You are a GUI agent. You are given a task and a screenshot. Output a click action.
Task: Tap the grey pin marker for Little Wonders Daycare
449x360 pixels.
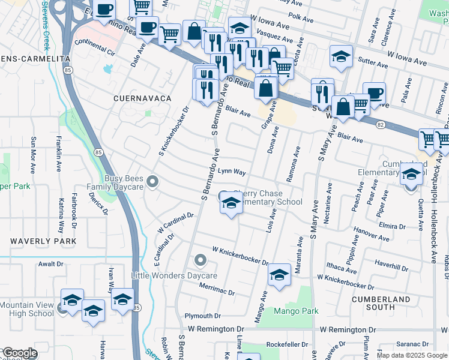click(200, 261)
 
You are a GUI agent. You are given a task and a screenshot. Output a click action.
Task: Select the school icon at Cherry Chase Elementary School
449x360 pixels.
click(232, 205)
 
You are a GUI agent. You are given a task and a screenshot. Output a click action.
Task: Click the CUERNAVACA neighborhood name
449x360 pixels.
click(139, 97)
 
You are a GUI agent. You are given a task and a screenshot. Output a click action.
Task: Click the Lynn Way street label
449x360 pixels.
click(232, 172)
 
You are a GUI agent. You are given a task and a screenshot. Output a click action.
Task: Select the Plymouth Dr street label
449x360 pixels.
click(203, 316)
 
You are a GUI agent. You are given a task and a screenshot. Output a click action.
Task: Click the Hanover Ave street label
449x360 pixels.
click(372, 230)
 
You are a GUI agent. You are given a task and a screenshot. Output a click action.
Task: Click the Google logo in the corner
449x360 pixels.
click(19, 353)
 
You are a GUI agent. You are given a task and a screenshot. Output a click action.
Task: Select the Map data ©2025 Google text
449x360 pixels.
click(412, 355)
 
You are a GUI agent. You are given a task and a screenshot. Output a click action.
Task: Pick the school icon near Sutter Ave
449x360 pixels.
click(341, 58)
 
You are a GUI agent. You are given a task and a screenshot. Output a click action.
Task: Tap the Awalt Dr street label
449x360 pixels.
click(51, 263)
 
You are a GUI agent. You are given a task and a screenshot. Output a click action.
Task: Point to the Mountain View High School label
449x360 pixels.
click(26, 309)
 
